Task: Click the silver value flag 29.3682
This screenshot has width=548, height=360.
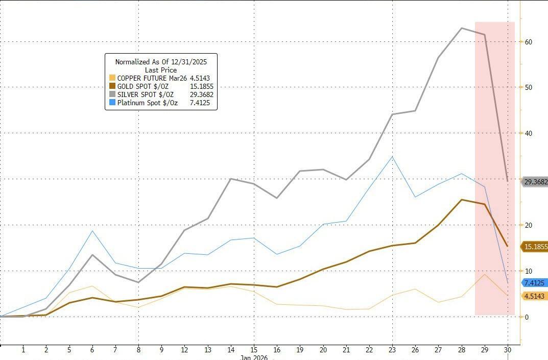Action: point(534,181)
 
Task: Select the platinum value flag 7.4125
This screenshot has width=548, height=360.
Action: point(534,282)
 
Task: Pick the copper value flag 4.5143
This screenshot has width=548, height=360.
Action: point(534,296)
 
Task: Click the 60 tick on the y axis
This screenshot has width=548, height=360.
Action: point(529,42)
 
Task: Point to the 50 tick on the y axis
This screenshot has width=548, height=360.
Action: point(529,87)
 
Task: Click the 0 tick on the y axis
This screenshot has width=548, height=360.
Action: point(527,317)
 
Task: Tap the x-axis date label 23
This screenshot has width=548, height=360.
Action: point(392,350)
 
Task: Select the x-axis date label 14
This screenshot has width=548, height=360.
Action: point(231,350)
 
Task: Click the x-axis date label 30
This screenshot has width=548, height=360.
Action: point(508,350)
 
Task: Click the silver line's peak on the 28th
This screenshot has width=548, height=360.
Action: point(462,28)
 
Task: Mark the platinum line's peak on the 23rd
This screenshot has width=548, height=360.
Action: point(392,156)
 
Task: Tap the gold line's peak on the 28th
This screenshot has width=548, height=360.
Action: point(462,200)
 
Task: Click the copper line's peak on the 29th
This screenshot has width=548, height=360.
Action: point(485,274)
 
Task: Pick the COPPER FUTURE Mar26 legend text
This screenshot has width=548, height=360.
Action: point(149,78)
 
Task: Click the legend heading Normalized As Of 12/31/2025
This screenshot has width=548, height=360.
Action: point(161,62)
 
